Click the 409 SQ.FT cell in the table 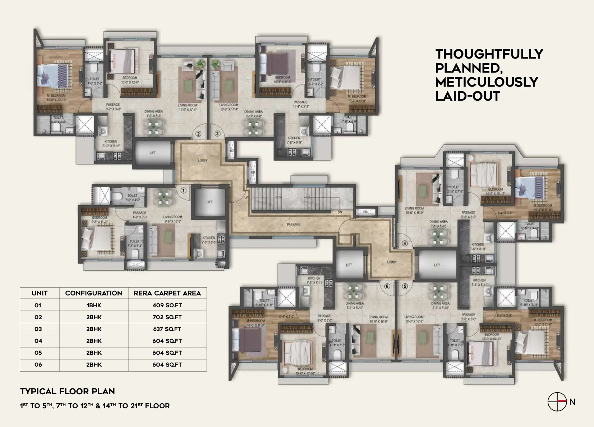pos(167,305)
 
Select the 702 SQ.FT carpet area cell pos(167,317)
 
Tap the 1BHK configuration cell pos(93,305)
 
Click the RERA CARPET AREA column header pos(167,293)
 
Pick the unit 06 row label pos(38,364)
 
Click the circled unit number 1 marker pos(183,190)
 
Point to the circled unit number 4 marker pos(405,243)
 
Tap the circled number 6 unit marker pos(387,286)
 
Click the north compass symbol pos(557,402)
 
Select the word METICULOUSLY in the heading pos(487,82)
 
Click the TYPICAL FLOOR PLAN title pos(68,391)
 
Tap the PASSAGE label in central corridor pos(294,224)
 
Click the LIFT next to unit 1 pos(209,202)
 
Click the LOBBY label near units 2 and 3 pos(203,160)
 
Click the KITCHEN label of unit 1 pos(208,238)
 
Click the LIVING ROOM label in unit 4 pos(414,208)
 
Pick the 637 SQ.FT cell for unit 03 pos(167,329)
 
